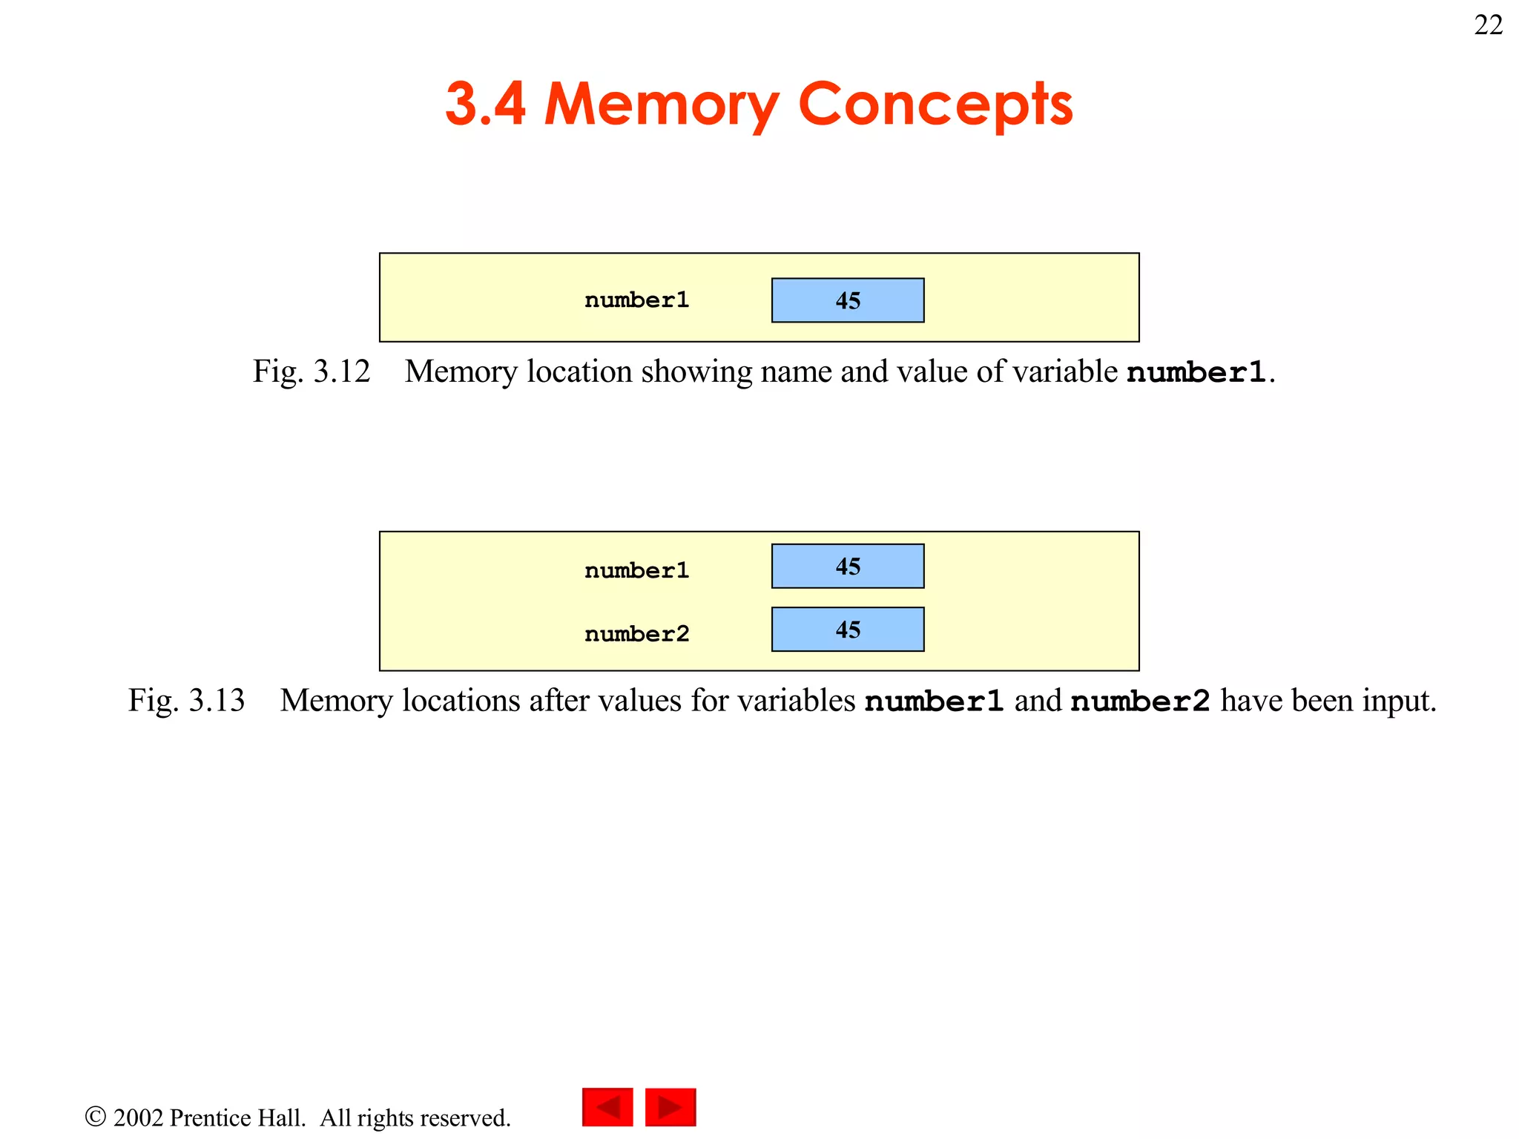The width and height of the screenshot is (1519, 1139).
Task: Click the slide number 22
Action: click(x=1488, y=25)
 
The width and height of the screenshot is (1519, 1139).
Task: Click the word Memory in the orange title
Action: click(x=661, y=105)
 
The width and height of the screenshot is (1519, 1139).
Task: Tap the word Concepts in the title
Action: click(x=935, y=105)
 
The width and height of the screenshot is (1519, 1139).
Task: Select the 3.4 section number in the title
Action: click(x=485, y=103)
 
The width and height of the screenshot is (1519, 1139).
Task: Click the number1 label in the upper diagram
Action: click(x=636, y=300)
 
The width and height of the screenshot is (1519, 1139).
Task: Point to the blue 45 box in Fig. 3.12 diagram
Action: click(x=848, y=300)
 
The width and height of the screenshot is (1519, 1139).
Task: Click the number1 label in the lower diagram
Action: click(x=636, y=570)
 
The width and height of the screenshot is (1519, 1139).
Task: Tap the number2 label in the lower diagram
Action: click(x=636, y=634)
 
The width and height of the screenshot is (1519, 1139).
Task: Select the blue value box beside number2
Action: click(x=848, y=630)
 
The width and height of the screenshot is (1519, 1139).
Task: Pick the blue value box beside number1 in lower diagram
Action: click(x=848, y=567)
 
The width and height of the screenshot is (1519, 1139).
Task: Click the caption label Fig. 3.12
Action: click(x=311, y=372)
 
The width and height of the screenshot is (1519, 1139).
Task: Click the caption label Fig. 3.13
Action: click(x=186, y=701)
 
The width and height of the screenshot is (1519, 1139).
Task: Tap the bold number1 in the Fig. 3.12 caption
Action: click(x=1196, y=372)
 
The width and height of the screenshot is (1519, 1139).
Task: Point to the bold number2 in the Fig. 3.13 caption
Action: click(x=1140, y=701)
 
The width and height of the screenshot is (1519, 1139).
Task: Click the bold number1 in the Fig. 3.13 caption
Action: click(x=934, y=701)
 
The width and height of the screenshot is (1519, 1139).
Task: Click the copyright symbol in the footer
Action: click(x=95, y=1116)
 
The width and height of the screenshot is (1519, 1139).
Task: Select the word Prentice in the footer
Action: click(x=237, y=1117)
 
